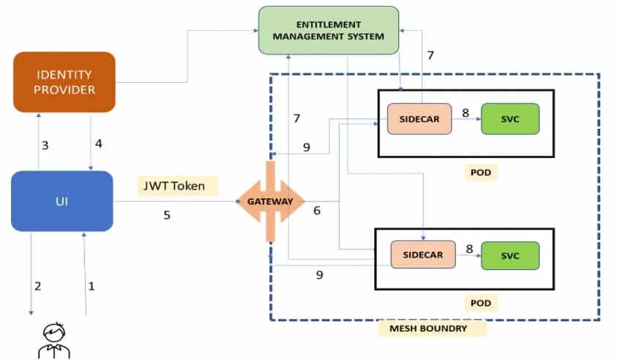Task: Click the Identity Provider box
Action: (x=64, y=82)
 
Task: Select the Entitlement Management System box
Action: (x=328, y=29)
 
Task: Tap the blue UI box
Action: (x=62, y=201)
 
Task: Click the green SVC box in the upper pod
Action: (x=509, y=119)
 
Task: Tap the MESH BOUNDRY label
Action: (x=433, y=329)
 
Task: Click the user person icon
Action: (x=49, y=340)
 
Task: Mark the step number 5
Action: (x=167, y=215)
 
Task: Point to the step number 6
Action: (x=317, y=211)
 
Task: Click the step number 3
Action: (x=45, y=145)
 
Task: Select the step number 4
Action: (x=98, y=144)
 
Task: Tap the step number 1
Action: (x=91, y=287)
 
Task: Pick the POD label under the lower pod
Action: (x=480, y=301)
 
